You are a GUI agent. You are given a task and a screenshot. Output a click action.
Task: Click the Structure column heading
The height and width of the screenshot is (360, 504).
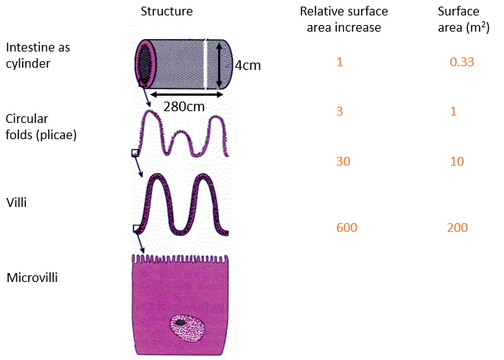click(x=167, y=12)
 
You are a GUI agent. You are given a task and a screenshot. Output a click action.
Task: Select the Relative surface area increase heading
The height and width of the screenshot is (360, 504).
click(x=344, y=20)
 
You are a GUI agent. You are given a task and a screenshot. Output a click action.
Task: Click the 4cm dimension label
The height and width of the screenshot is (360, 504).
click(x=248, y=66)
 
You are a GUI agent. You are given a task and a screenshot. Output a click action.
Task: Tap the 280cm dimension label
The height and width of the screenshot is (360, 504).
click(x=183, y=106)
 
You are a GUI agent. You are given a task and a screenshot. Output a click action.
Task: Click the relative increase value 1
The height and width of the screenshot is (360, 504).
click(x=339, y=62)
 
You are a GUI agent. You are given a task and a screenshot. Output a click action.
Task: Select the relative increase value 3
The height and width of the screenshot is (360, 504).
click(x=339, y=111)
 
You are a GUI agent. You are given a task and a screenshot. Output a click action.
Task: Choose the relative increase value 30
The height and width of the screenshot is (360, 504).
click(x=342, y=161)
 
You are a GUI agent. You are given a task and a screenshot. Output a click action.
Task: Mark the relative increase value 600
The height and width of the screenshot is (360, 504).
click(x=346, y=227)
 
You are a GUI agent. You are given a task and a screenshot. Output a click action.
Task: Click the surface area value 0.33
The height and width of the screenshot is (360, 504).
click(x=461, y=62)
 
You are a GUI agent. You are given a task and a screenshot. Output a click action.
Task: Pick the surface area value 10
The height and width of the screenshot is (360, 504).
click(x=457, y=161)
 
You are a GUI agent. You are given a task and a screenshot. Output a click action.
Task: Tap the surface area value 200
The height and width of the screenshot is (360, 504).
click(x=458, y=227)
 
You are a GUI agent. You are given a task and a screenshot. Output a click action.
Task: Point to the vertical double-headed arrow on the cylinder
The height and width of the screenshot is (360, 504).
click(x=219, y=64)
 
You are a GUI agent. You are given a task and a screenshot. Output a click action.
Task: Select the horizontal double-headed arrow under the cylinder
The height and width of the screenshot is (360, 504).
click(x=185, y=93)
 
